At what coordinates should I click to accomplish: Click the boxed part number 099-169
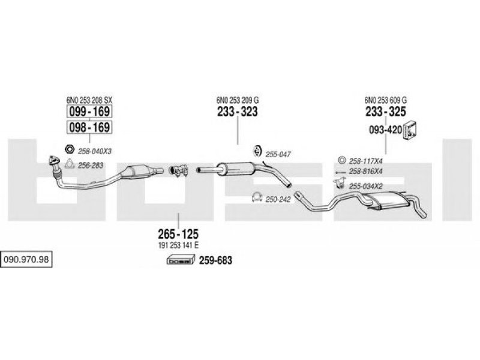tap(89, 112)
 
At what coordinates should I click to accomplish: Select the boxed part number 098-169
tap(89, 127)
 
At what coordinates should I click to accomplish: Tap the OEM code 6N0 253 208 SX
tap(89, 100)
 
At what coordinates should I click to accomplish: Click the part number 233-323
tap(237, 112)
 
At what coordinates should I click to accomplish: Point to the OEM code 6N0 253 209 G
tap(238, 100)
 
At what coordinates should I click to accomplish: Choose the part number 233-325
tap(385, 112)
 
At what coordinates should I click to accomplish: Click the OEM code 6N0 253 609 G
tap(385, 100)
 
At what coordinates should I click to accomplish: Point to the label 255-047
tap(278, 154)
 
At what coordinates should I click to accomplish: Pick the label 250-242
tap(277, 199)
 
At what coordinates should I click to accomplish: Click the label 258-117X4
tap(365, 160)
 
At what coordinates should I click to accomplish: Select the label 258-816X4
tap(365, 172)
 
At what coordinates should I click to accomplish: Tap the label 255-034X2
tap(366, 186)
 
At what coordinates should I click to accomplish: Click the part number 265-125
tap(178, 235)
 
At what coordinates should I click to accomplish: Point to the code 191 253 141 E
tap(178, 246)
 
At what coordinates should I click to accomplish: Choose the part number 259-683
tap(214, 260)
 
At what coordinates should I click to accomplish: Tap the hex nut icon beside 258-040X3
tap(69, 149)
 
